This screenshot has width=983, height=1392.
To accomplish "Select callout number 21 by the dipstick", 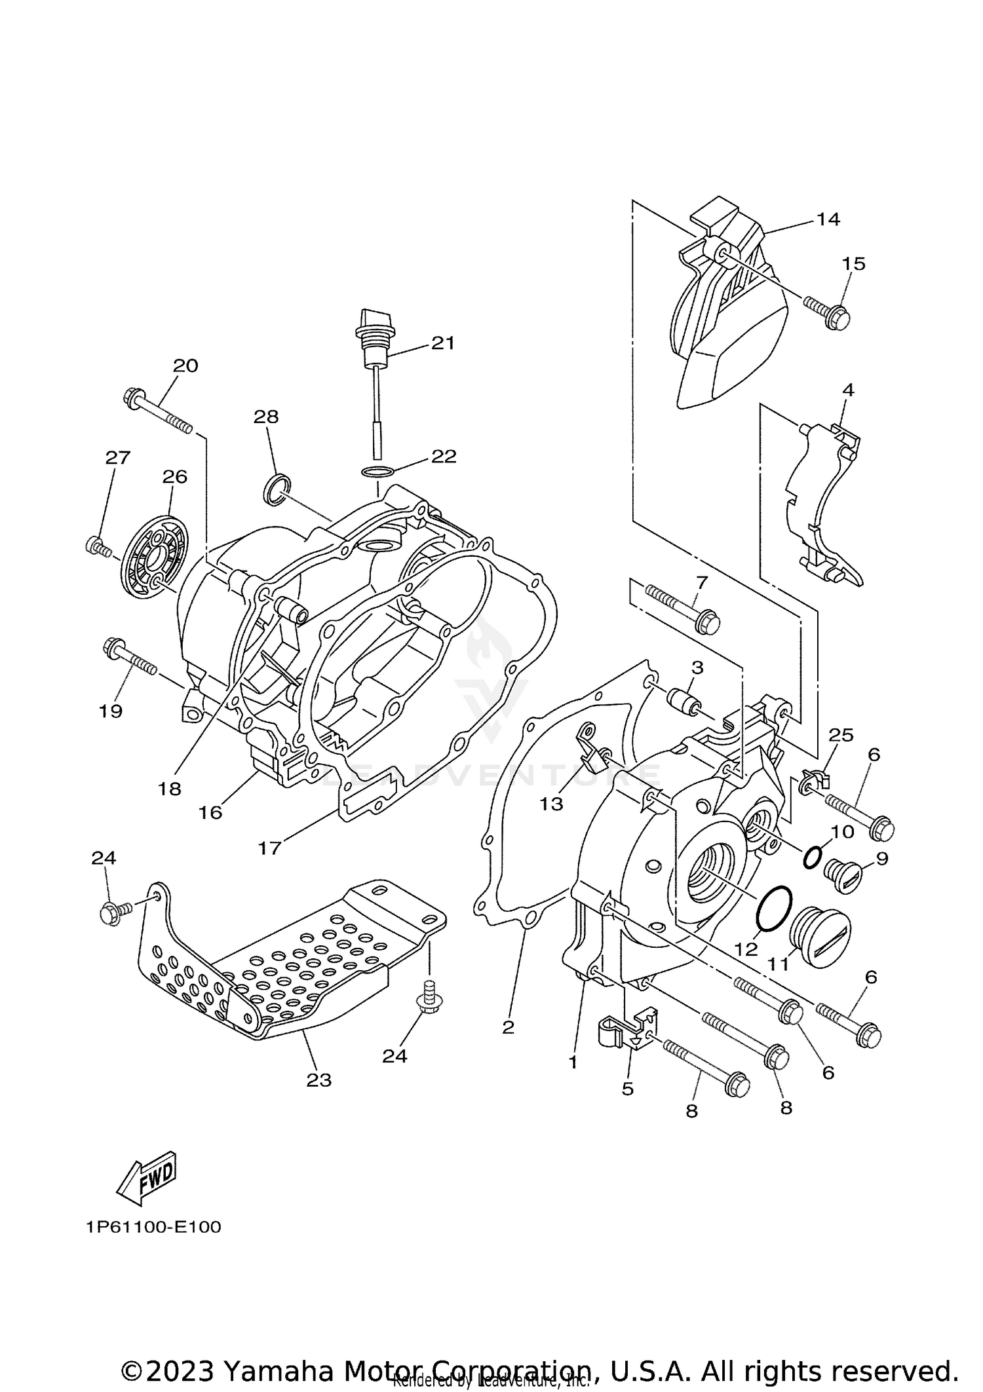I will pos(442,343).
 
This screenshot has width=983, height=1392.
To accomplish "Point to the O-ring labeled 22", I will pos(377,472).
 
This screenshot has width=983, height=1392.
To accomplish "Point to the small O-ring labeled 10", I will pos(811,856).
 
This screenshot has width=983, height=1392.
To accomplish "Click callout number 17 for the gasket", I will pos(269,848).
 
